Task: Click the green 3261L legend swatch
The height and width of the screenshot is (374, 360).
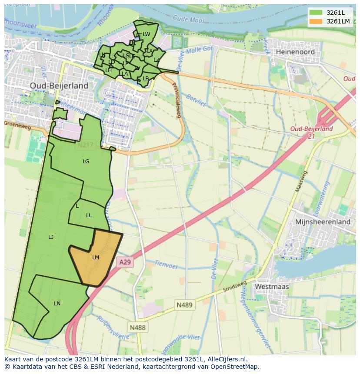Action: pyautogui.click(x=316, y=13)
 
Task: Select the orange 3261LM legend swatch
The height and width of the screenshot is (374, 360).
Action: pyautogui.click(x=316, y=21)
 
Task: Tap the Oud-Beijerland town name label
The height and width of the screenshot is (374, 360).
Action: pyautogui.click(x=59, y=86)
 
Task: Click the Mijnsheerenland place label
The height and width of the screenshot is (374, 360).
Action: pyautogui.click(x=323, y=222)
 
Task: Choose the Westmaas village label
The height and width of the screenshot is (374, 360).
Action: pyautogui.click(x=272, y=287)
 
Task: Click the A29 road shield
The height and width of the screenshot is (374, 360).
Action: pyautogui.click(x=125, y=262)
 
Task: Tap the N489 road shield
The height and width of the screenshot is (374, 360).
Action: pyautogui.click(x=184, y=305)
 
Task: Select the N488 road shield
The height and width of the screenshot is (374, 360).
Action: pyautogui.click(x=137, y=327)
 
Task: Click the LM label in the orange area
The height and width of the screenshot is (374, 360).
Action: pyautogui.click(x=96, y=258)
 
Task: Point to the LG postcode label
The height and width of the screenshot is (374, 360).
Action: pyautogui.click(x=86, y=162)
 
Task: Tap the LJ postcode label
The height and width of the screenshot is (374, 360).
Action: pyautogui.click(x=51, y=237)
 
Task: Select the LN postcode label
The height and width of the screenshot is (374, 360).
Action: pyautogui.click(x=57, y=304)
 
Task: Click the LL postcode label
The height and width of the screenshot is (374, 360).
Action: pyautogui.click(x=89, y=215)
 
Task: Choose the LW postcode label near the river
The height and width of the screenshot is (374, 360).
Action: pyautogui.click(x=146, y=34)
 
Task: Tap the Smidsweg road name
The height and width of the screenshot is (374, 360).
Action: pyautogui.click(x=234, y=286)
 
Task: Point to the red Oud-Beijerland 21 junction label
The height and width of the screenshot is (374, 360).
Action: pyautogui.click(x=311, y=132)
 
